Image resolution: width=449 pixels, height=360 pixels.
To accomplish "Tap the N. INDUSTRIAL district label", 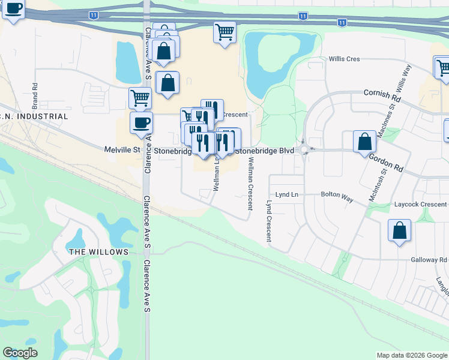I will (34, 116).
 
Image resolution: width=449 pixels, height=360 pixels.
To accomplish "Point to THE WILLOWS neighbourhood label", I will (98, 252).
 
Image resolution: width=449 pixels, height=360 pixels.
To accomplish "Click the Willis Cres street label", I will (344, 59).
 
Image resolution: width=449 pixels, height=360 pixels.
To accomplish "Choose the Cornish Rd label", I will (382, 94).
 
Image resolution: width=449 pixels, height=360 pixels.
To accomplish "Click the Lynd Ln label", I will (286, 195).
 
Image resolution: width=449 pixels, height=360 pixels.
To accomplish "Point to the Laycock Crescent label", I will (420, 205).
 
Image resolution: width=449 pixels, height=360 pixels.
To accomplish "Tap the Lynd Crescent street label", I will (268, 221).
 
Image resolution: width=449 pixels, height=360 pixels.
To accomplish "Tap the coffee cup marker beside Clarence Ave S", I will (141, 123).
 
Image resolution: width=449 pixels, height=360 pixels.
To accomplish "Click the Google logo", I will (20, 353).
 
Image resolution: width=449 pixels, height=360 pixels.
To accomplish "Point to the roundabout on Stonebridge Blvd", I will (304, 151).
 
